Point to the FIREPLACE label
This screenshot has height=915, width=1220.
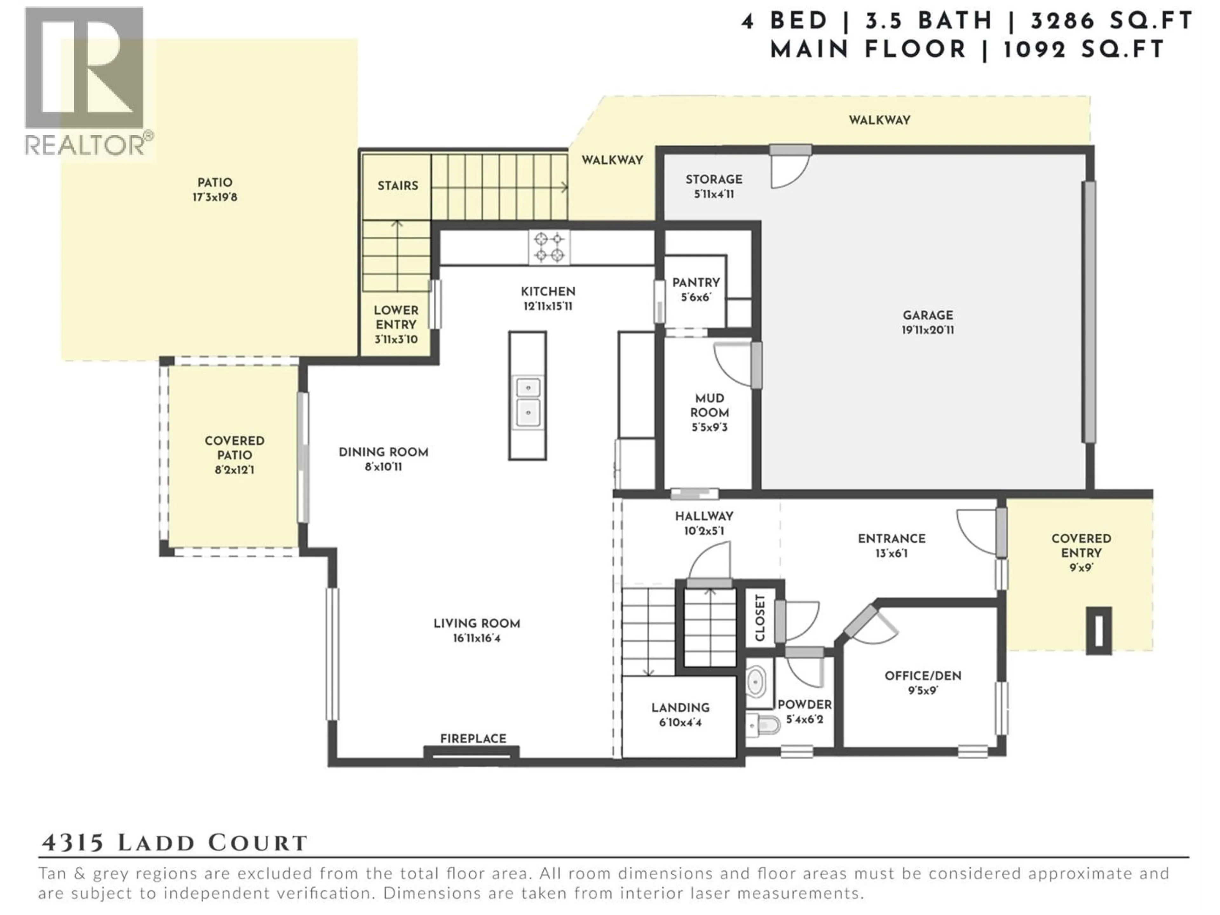[x=473, y=738]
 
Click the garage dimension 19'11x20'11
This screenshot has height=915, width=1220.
[x=928, y=330]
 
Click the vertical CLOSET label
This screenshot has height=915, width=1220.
[x=760, y=617]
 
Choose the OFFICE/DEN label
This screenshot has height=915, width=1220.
[x=923, y=676]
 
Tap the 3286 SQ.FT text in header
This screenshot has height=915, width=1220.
[x=1111, y=21]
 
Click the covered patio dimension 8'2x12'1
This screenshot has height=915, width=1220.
[x=234, y=470]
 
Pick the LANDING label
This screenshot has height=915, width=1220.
[x=680, y=708]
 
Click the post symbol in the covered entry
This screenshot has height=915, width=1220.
[x=1098, y=630]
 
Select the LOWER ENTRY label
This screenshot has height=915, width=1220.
[x=396, y=317]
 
